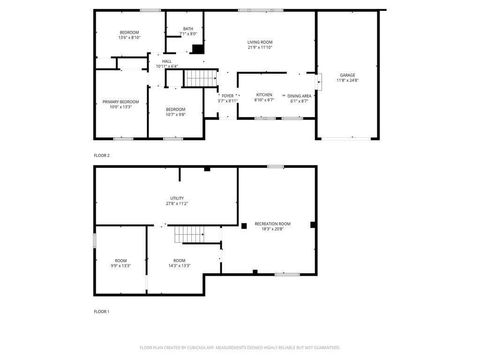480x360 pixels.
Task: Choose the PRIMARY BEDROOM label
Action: click(x=118, y=104)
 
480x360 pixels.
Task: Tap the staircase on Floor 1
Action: click(x=189, y=236)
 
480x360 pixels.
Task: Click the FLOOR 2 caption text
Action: click(x=102, y=156)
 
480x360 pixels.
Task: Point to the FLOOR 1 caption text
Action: click(x=102, y=312)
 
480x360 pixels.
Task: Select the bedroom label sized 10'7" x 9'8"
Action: click(x=175, y=110)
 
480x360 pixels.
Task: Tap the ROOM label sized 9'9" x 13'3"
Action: click(x=120, y=263)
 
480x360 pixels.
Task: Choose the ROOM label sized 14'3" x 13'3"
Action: click(x=179, y=263)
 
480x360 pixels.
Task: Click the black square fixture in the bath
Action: click(x=197, y=48)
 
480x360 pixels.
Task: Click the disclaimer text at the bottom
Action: click(x=239, y=347)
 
